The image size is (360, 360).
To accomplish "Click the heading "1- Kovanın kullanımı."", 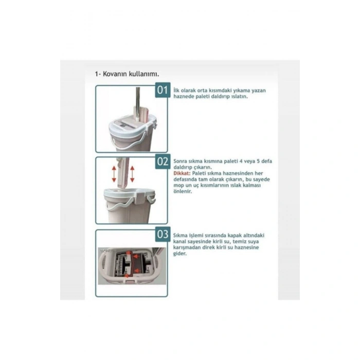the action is (127, 74).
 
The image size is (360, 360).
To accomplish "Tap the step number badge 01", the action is (163, 90).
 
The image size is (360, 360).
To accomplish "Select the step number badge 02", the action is (163, 161).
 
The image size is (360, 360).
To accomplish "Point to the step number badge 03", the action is (163, 234).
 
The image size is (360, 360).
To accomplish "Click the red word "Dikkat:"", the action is (182, 173).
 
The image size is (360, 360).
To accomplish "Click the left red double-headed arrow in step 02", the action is (114, 174).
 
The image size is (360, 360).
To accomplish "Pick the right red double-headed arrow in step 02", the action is (132, 174).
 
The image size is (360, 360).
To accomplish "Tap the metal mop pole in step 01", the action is (138, 103).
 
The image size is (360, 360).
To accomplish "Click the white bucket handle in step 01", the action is (129, 143).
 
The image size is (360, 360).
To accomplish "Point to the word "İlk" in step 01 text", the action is (176, 90).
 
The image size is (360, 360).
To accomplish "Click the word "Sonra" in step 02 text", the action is (180, 161).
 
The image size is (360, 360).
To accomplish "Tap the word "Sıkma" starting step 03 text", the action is (180, 236).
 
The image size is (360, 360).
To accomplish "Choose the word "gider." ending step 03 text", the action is (180, 254).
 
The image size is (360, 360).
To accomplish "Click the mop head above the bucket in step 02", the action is (122, 173).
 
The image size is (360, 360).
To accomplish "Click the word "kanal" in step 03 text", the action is (179, 242).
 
